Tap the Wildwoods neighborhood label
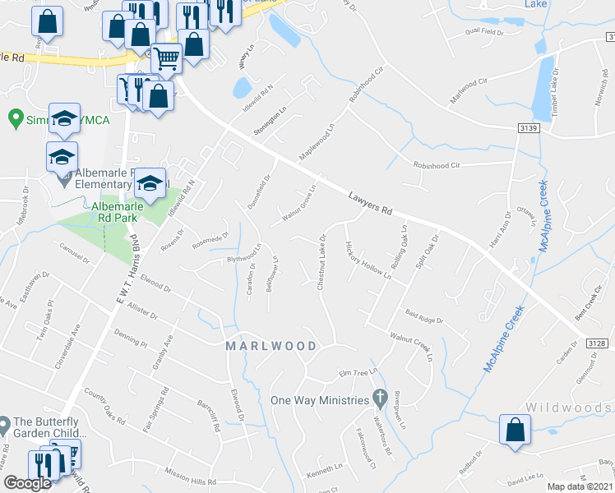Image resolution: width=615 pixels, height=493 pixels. tap(568, 407)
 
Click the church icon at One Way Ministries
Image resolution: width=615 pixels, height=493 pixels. tap(379, 399)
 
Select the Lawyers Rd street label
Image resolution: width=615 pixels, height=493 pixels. tap(370, 204)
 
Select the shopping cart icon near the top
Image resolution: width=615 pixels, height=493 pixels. tap(167, 58)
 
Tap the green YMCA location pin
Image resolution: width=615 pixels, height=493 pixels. tap(14, 119)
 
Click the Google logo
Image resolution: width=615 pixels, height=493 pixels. tap(27, 483)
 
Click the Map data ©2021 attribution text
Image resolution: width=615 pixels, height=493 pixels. tap(580, 486)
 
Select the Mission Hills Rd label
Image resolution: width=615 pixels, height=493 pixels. tap(189, 482)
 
